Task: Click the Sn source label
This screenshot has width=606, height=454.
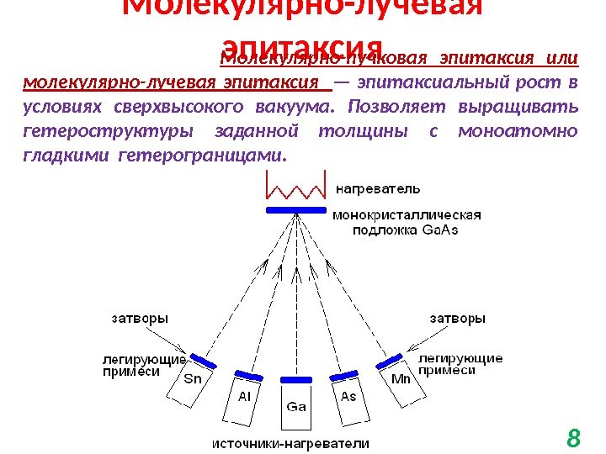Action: pos(193,378)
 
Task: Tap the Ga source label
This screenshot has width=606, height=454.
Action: pos(296,406)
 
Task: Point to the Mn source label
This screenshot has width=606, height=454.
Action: pos(401,378)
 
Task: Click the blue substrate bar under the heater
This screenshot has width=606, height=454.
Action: pos(295,209)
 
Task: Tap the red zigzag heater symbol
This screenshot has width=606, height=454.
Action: pos(295,187)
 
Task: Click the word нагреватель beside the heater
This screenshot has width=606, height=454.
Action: pos(380,187)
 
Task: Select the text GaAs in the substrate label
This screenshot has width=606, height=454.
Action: pos(439,230)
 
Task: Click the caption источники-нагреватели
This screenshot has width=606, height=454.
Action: pos(290,442)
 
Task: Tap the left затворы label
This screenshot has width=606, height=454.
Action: pos(140,319)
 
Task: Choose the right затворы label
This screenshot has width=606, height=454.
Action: pos(457,319)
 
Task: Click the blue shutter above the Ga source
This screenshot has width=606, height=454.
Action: pos(296,378)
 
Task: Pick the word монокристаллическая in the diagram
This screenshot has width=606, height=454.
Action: pos(409,215)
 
